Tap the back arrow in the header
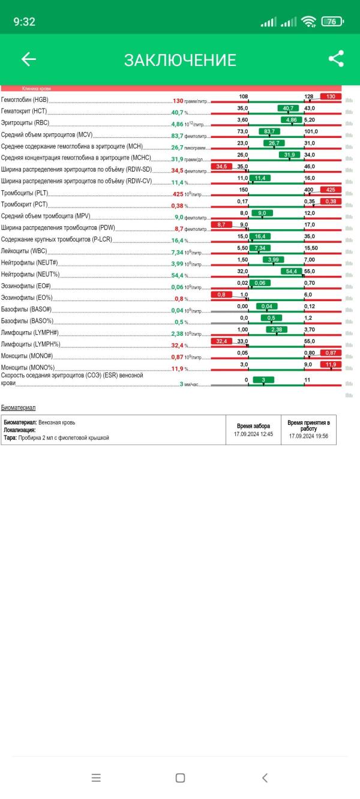pyautogui.click(x=29, y=59)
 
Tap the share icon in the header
pyautogui.click(x=336, y=59)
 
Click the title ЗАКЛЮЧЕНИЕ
pyautogui.click(x=180, y=60)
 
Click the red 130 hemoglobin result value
pyautogui.click(x=178, y=101)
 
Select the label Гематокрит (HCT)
pyautogui.click(x=24, y=112)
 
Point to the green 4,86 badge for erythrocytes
pyautogui.click(x=292, y=120)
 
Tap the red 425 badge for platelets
pyautogui.click(x=331, y=190)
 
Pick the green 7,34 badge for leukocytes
pyautogui.click(x=260, y=248)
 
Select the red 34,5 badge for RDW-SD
pyautogui.click(x=221, y=166)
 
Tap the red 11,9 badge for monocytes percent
pyautogui.click(x=331, y=364)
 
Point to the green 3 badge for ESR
pyautogui.click(x=263, y=380)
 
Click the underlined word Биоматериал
pyautogui.click(x=18, y=407)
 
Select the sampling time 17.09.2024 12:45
pyautogui.click(x=253, y=434)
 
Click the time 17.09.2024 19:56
pyautogui.click(x=308, y=437)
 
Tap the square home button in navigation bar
pyautogui.click(x=180, y=777)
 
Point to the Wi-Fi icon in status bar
pyautogui.click(x=309, y=22)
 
